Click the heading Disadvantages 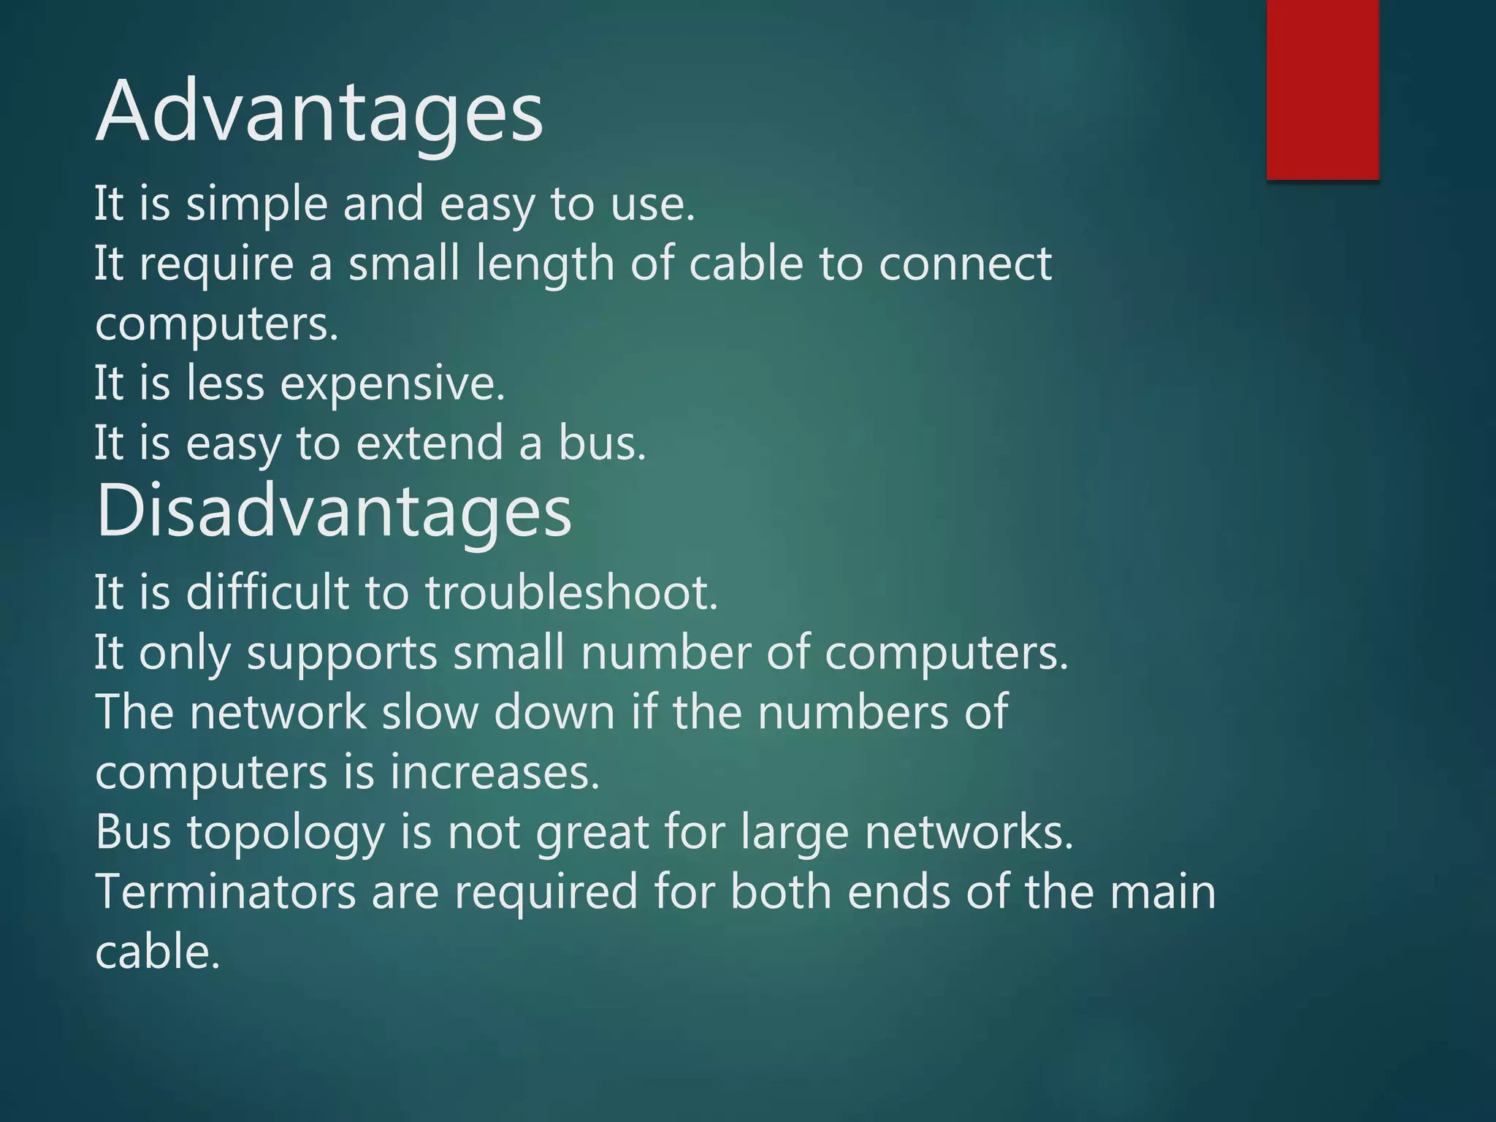click(334, 511)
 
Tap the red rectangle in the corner click(1322, 89)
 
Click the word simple click(256, 204)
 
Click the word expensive click(392, 383)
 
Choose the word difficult click(267, 592)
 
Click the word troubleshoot click(571, 592)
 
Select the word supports click(342, 652)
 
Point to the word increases click(494, 772)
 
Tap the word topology click(286, 833)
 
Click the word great click(592, 833)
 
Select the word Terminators click(226, 892)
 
